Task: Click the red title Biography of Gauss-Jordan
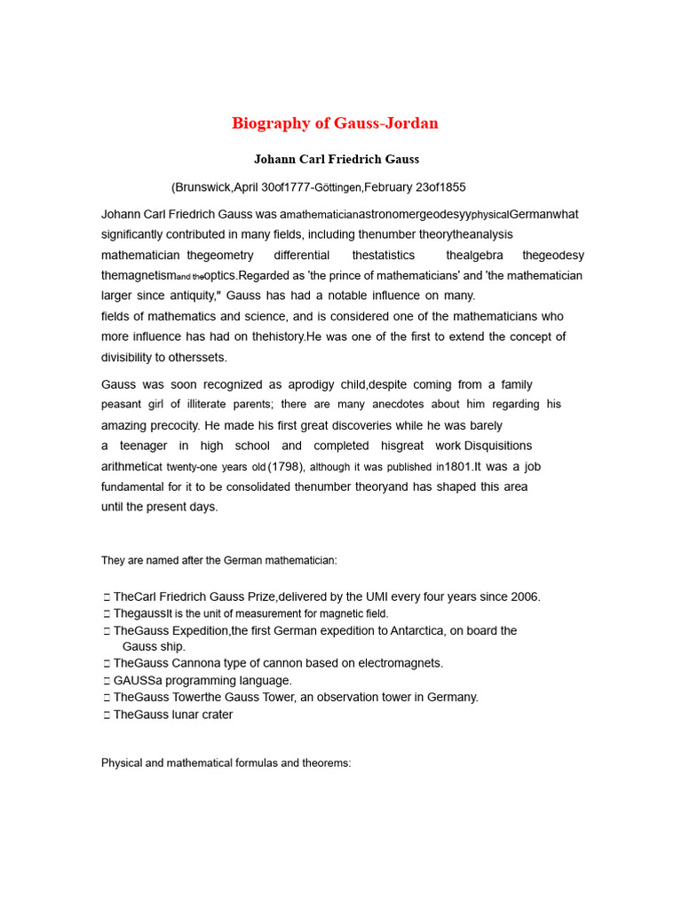coord(335,123)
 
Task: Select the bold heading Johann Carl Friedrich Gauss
coord(336,160)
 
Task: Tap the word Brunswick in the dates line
coord(202,187)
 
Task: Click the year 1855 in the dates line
coord(450,187)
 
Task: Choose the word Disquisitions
coord(498,446)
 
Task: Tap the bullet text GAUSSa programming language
coord(202,681)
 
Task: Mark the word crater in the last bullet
coord(216,715)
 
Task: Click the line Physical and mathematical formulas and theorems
coord(226,763)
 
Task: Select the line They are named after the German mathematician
coord(219,560)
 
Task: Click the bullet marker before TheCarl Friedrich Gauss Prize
coord(107,597)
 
